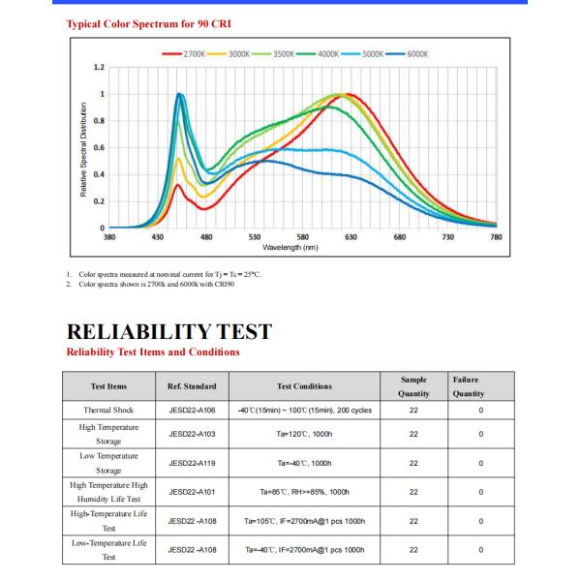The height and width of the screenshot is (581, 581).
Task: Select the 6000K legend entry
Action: [x=413, y=54]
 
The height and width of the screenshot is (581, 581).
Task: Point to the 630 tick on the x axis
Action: [x=351, y=236]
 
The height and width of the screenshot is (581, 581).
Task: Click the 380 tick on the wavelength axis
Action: [x=109, y=236]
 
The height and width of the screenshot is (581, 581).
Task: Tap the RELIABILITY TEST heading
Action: [x=168, y=332]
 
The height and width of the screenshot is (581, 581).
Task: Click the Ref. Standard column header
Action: [x=192, y=386]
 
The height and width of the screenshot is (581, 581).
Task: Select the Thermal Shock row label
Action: [x=109, y=410]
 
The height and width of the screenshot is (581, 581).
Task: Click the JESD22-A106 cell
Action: [x=192, y=410]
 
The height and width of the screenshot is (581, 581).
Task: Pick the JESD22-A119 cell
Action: [x=192, y=463]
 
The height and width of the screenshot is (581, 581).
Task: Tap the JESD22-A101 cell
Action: [x=192, y=492]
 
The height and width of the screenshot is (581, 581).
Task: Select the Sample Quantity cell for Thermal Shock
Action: [x=413, y=410]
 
